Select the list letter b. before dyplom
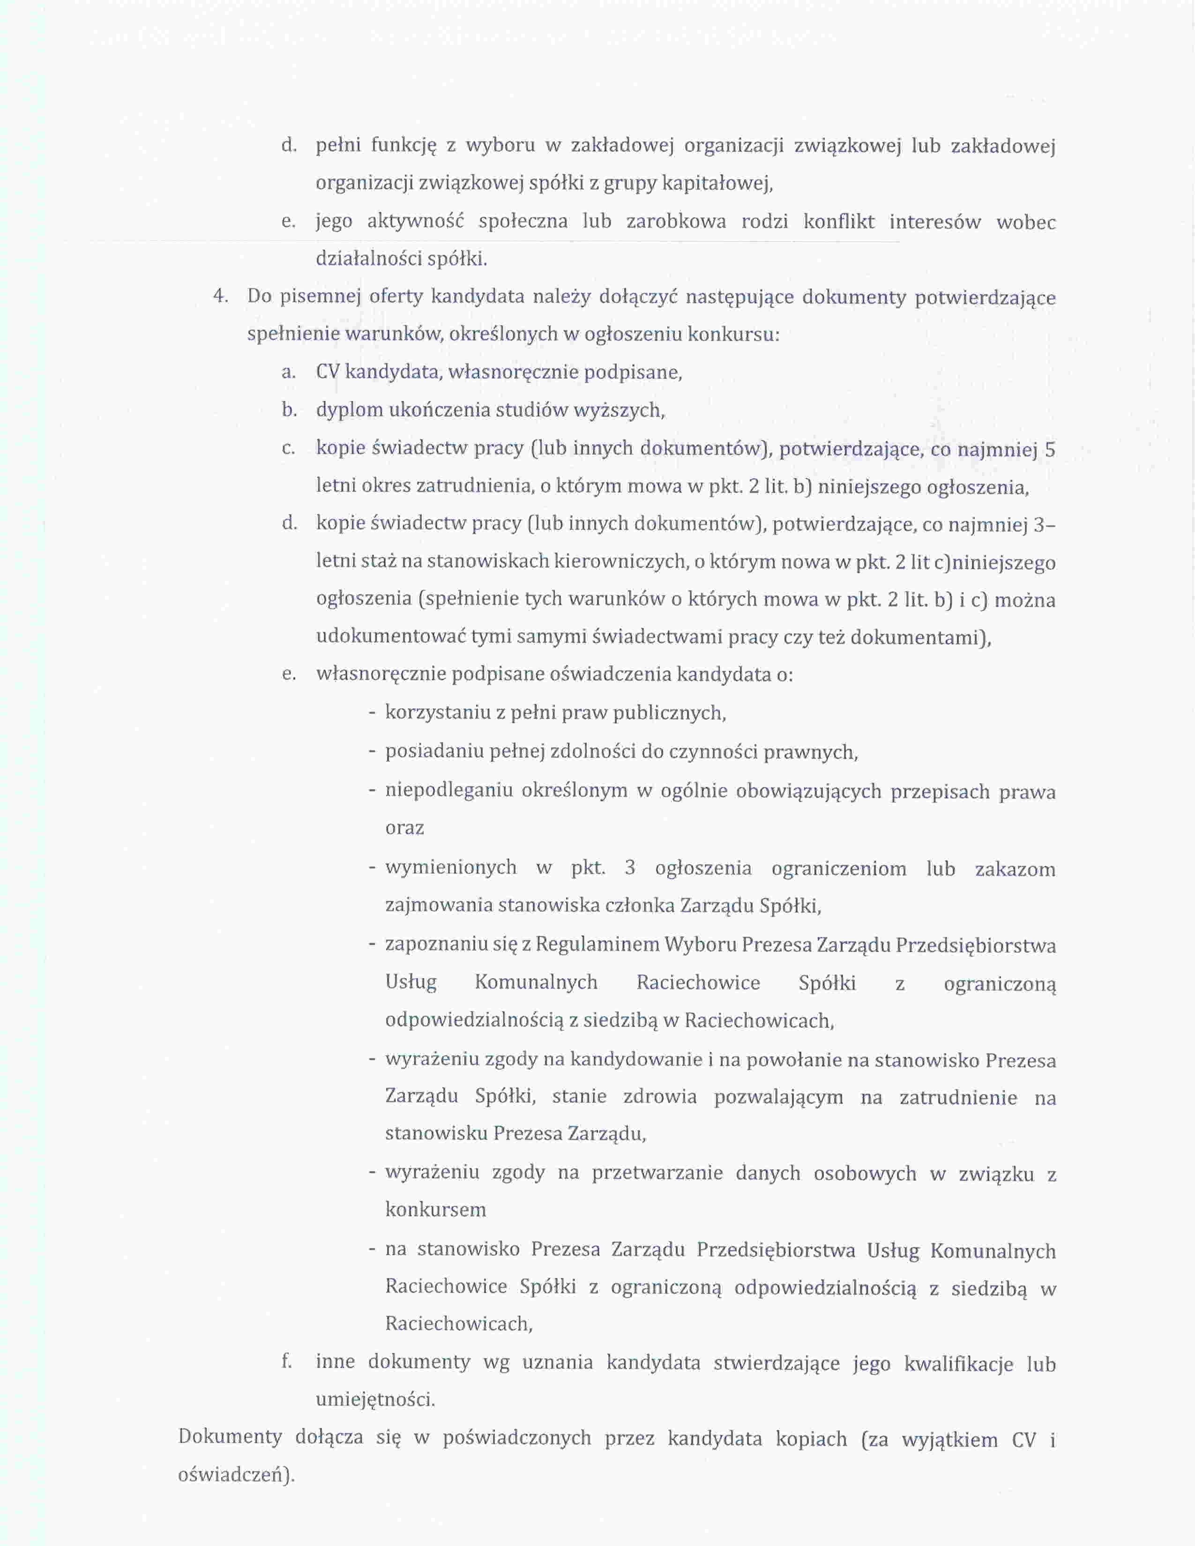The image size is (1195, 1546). (288, 410)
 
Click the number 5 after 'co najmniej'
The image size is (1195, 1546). (1050, 449)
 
